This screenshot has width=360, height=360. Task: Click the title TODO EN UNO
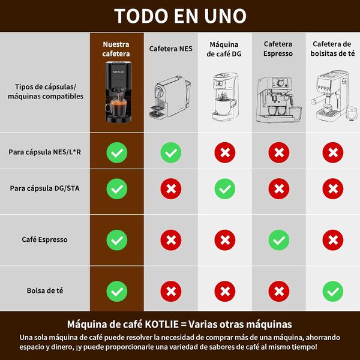coord(180,16)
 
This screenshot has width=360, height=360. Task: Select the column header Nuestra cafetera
coord(116,49)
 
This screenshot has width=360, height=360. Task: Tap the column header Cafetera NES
coord(170,49)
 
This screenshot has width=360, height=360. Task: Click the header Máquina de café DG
coord(224,49)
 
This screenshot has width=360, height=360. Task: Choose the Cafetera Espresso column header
coord(278,49)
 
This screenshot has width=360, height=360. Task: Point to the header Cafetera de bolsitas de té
coord(332,49)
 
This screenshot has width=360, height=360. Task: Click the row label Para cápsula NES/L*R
coord(45,152)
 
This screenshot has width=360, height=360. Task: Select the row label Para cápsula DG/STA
coord(45,188)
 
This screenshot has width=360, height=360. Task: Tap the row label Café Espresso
coord(45,239)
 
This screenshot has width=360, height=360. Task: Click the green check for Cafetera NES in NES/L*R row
coord(170,152)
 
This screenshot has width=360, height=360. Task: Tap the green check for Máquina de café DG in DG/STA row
coord(224,188)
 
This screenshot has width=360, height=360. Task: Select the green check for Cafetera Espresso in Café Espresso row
coord(278,240)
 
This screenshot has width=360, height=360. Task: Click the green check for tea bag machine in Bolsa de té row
coord(332,292)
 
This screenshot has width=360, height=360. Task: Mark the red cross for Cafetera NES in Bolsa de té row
coord(170,292)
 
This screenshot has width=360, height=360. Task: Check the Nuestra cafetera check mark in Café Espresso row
coord(116,240)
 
